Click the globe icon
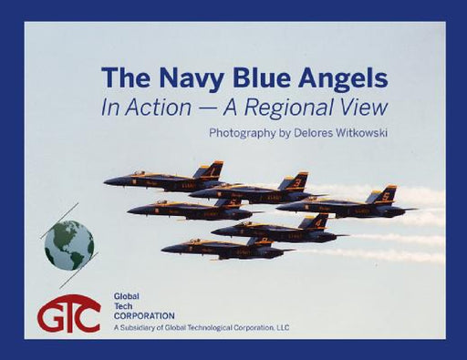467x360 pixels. pos(69,244)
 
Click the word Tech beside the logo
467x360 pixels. pos(123,305)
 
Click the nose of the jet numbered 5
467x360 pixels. pos(278,207)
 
